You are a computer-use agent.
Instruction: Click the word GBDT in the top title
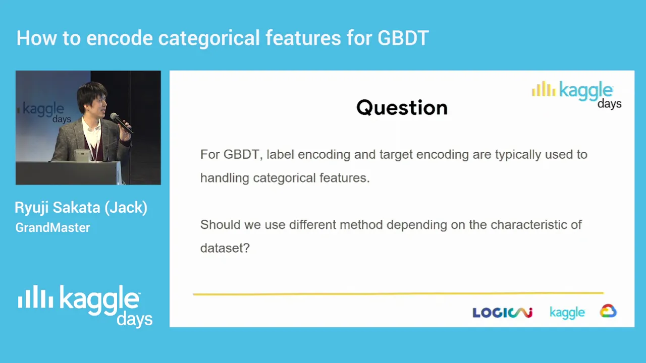tap(403, 38)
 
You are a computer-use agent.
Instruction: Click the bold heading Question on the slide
tap(402, 108)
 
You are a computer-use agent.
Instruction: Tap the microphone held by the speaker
tap(121, 123)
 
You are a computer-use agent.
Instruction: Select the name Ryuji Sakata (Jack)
tap(81, 208)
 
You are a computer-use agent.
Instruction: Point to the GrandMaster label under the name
tap(53, 227)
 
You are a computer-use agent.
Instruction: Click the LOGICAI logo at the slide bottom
tap(502, 313)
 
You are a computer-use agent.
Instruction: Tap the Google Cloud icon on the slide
tap(608, 311)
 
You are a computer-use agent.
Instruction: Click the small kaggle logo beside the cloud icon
tap(567, 313)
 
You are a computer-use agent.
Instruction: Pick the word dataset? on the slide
tap(225, 248)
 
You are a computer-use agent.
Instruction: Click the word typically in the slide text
tap(518, 155)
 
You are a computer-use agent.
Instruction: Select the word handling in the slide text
tap(225, 178)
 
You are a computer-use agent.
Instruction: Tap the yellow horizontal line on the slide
tap(398, 293)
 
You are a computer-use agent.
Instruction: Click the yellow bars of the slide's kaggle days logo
tap(544, 89)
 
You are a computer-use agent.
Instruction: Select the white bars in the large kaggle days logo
tap(35, 297)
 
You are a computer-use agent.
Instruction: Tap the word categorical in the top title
tap(209, 38)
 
